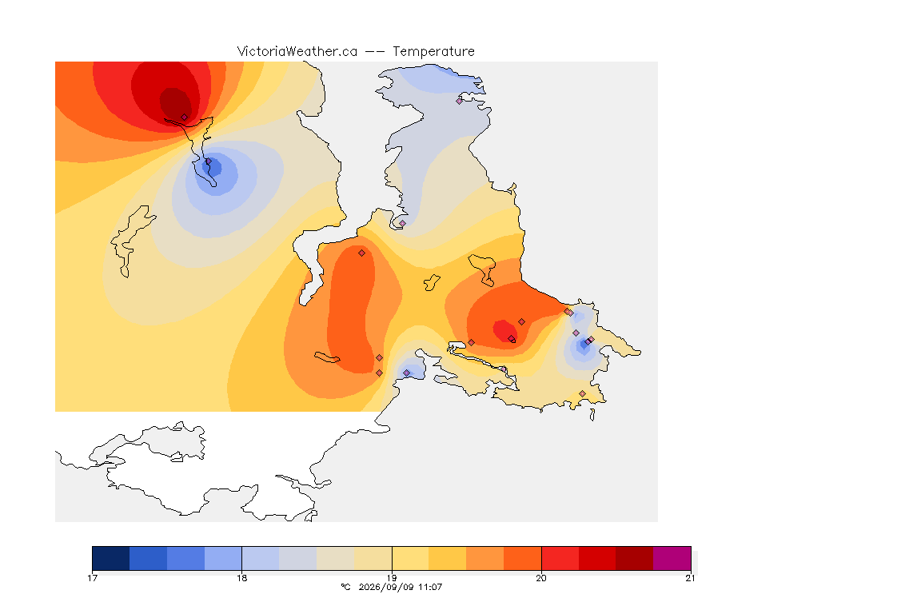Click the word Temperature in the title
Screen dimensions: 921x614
[x=433, y=52]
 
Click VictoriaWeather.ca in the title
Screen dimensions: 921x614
[x=297, y=52]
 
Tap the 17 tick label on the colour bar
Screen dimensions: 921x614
[x=92, y=578]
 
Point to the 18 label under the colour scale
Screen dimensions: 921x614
[x=242, y=578]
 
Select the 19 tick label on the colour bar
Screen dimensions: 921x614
[x=392, y=578]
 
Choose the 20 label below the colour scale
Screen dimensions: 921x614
[x=541, y=578]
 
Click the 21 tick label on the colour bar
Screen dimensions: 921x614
[x=690, y=578]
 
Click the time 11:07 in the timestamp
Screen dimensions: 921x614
[x=430, y=587]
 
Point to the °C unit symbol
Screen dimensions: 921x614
[x=345, y=587]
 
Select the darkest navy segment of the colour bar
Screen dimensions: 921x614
[x=111, y=558]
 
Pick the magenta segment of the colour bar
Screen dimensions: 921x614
[x=672, y=558]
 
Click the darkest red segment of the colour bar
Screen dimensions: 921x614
[x=634, y=558]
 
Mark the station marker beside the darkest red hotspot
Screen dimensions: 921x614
[x=185, y=118]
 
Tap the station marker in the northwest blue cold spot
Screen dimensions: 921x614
[x=208, y=161]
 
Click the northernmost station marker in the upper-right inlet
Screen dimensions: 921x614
[x=460, y=101]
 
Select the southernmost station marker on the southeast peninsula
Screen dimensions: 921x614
[x=582, y=393]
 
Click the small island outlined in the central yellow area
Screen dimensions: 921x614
[x=432, y=282]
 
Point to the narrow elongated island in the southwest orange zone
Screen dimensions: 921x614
[x=327, y=357]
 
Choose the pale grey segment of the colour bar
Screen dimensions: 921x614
[x=297, y=558]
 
